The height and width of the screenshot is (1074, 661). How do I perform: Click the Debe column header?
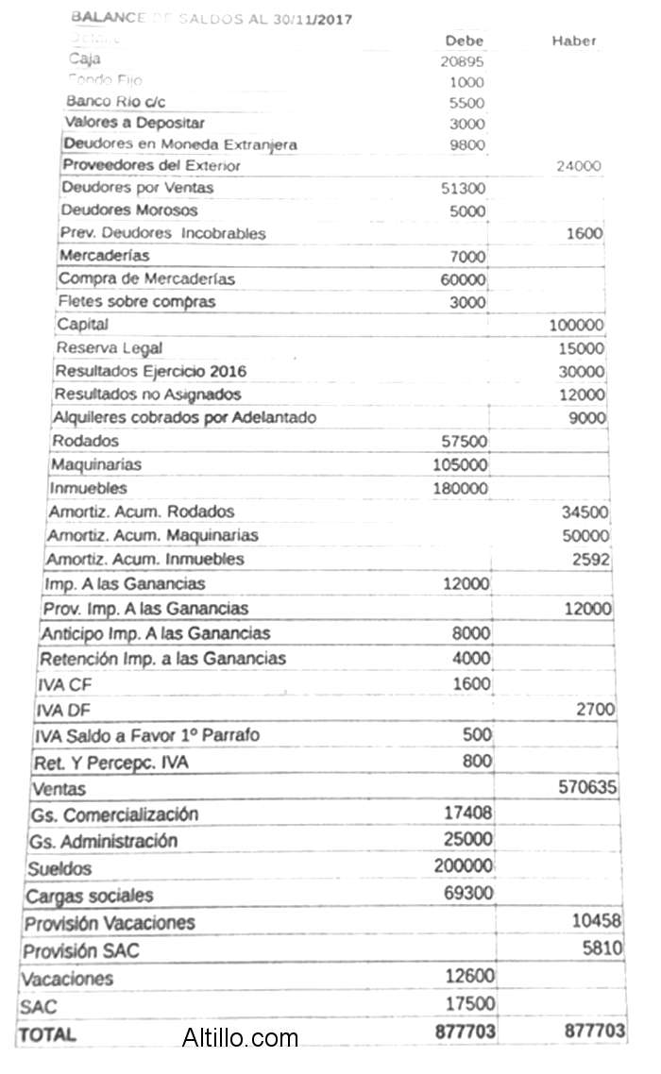465,41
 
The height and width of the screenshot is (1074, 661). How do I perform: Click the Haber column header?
574,41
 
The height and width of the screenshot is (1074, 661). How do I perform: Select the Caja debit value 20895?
463,60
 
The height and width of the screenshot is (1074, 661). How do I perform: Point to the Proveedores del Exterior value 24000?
579,166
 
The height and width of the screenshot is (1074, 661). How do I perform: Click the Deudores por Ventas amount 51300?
464,188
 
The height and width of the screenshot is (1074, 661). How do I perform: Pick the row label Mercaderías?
104,256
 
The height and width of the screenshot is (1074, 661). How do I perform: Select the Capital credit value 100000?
576,326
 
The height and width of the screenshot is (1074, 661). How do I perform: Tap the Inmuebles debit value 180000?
461,489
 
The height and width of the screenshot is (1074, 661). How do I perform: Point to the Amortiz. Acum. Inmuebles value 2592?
590,560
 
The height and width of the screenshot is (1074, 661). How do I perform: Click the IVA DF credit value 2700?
595,710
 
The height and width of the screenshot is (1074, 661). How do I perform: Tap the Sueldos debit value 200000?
464,865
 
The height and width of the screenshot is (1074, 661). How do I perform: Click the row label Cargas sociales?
89,896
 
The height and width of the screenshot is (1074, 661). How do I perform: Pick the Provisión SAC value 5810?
602,948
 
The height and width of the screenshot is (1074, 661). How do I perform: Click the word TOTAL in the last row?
47,1034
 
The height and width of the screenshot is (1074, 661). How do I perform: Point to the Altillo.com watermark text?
240,1039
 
